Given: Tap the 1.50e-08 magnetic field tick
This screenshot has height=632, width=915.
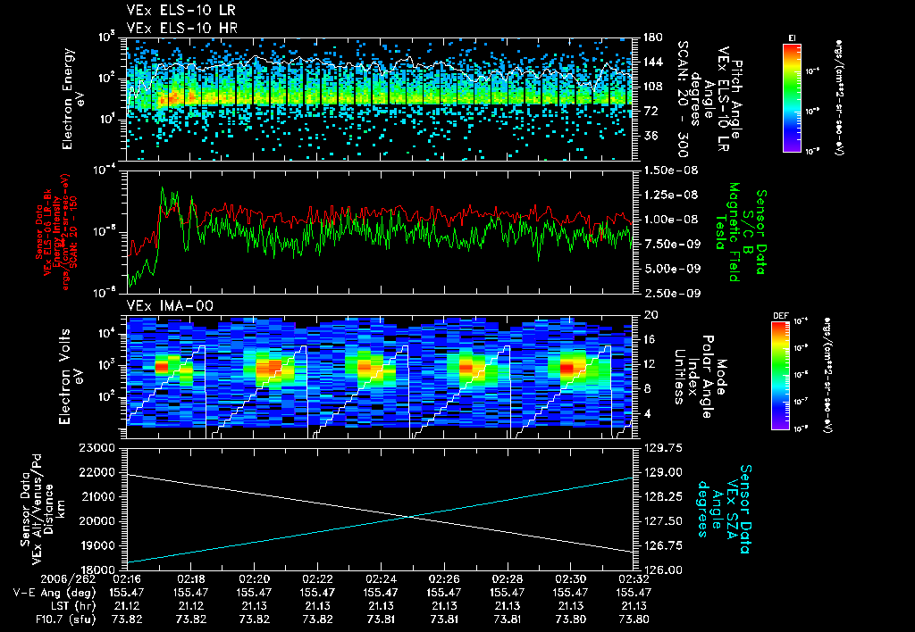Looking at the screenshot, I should click(666, 170).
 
